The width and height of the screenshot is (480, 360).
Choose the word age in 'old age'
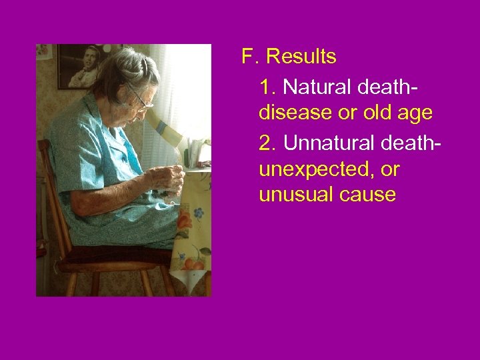[x=415, y=113]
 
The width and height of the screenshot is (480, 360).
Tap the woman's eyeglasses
[x=141, y=99]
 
